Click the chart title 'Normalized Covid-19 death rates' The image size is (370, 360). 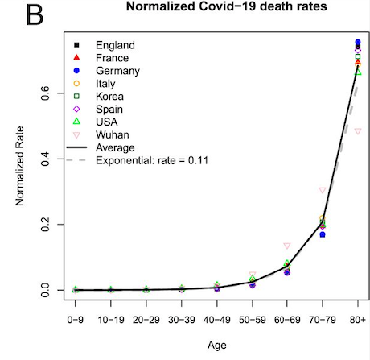[226, 6]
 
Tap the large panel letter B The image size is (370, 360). [35, 15]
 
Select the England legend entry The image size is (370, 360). [105, 45]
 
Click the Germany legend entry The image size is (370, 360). [107, 71]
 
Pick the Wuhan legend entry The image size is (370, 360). [101, 134]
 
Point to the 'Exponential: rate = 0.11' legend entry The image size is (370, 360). [138, 160]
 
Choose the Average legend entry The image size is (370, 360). [101, 147]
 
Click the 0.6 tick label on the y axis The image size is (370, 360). [46, 93]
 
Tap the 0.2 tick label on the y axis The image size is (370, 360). [46, 225]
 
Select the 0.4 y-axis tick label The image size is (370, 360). [46, 159]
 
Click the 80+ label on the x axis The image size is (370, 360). [358, 320]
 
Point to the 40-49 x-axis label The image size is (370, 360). [217, 320]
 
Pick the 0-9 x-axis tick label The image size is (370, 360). [76, 320]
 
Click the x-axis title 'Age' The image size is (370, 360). [217, 346]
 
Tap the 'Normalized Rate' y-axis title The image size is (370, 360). [20, 166]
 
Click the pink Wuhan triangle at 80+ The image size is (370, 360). [358, 131]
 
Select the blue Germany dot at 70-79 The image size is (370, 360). [323, 234]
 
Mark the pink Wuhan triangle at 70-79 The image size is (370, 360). [323, 190]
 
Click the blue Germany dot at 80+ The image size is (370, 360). [358, 42]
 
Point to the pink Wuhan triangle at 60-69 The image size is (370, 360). [287, 246]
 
